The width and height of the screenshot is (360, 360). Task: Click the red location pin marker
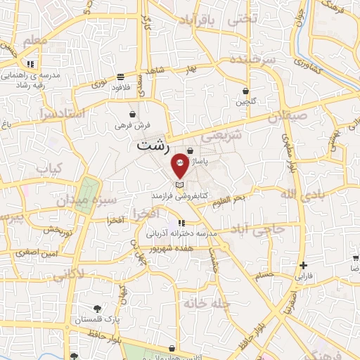(180, 165)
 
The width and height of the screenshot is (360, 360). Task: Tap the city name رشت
(153, 147)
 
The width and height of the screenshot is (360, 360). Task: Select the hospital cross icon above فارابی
(303, 265)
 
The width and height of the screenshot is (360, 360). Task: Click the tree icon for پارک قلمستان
(97, 308)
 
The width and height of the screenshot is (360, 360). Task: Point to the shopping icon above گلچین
(245, 91)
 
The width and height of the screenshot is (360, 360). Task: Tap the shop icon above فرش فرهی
(133, 114)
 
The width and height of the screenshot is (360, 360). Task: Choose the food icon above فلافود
(121, 76)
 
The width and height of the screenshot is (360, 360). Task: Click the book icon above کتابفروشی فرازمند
(180, 184)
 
